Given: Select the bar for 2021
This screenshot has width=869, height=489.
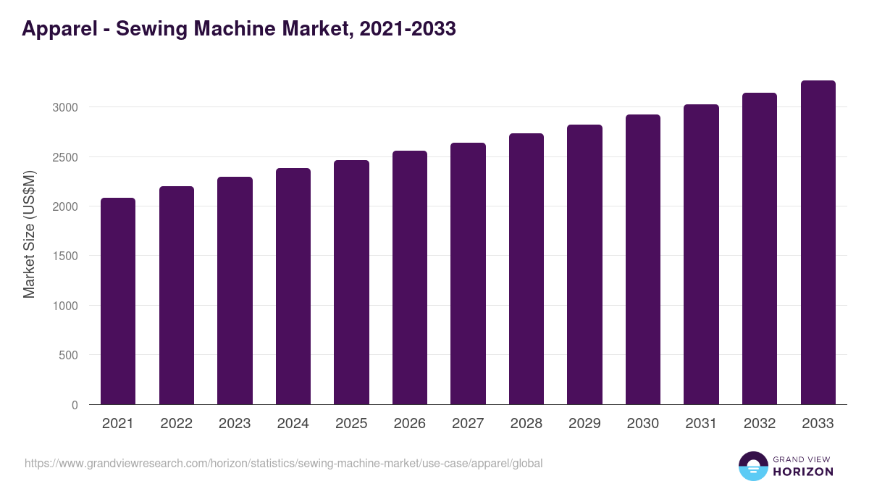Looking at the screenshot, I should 118,301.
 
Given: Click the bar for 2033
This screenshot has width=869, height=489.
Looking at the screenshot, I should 818,242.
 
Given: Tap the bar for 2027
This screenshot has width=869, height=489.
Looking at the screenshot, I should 468,273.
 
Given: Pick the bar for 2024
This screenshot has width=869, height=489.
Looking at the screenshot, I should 293,286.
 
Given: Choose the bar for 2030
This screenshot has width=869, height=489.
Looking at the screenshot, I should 643,259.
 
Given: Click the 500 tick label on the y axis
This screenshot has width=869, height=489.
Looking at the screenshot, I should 67,355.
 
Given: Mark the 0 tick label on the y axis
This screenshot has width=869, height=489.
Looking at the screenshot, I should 74,405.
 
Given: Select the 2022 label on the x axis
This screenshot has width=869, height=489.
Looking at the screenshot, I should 176,424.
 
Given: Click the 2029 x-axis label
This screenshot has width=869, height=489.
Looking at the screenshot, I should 584,424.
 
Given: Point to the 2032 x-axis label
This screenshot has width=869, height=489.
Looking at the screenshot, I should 760,424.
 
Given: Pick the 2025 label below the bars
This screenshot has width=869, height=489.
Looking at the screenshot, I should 351,424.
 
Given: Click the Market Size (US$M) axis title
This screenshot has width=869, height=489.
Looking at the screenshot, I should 29,233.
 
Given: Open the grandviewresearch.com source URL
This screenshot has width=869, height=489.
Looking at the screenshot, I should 283,463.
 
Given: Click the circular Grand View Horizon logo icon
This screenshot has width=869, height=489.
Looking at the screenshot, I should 752,466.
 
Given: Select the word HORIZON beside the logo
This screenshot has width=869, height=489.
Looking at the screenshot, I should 802,472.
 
